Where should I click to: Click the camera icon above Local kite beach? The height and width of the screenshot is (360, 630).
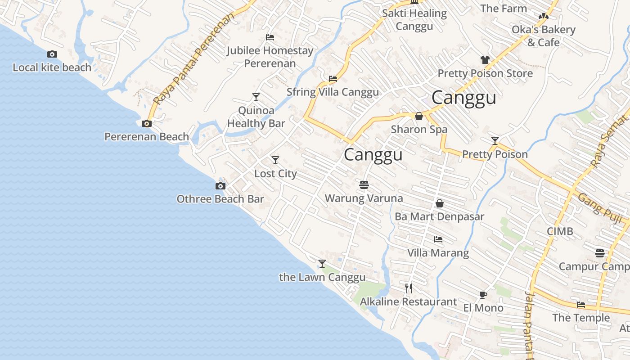point(52,54)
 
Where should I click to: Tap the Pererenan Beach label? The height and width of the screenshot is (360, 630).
point(146,136)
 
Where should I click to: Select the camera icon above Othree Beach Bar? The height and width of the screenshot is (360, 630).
point(220,186)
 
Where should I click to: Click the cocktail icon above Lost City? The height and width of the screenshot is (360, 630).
point(275,160)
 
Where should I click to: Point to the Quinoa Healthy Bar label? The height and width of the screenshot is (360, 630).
point(256,117)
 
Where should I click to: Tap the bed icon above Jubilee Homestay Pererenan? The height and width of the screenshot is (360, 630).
point(270,37)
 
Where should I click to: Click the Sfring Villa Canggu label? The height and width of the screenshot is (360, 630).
point(333,92)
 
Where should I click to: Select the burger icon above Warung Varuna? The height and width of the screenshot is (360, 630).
point(364,185)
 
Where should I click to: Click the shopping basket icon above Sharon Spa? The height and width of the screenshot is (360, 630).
point(419,116)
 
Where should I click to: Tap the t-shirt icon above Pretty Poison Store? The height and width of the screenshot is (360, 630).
point(485,60)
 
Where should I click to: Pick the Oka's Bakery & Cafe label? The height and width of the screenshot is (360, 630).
point(543,36)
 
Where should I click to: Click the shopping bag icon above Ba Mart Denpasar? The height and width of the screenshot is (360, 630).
point(440,203)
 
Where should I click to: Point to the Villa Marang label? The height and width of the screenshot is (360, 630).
point(438,253)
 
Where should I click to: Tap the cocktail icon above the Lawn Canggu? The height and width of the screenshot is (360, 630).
point(322,264)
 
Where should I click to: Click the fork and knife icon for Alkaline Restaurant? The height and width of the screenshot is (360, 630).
point(409,288)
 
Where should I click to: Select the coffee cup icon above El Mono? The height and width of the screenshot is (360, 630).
point(483,295)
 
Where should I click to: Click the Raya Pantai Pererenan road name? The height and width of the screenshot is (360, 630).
point(194,58)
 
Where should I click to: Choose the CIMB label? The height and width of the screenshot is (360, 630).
point(560,231)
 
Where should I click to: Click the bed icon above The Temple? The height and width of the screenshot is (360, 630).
point(581,305)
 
